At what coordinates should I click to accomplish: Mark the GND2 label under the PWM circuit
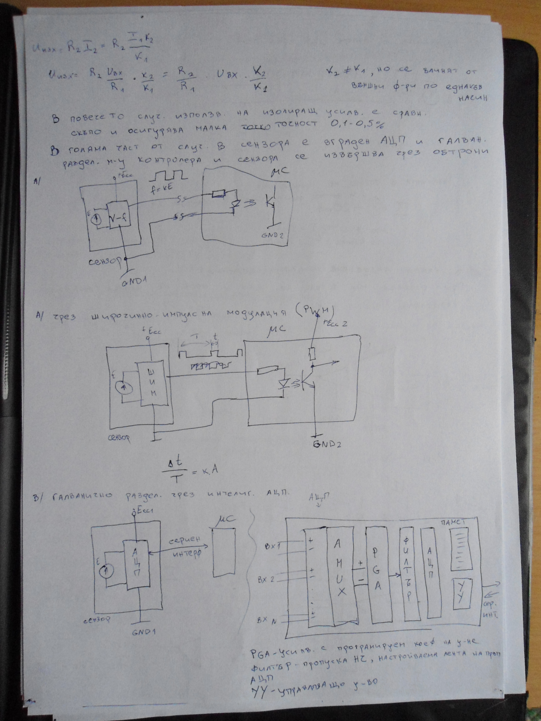coord(327,444)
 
